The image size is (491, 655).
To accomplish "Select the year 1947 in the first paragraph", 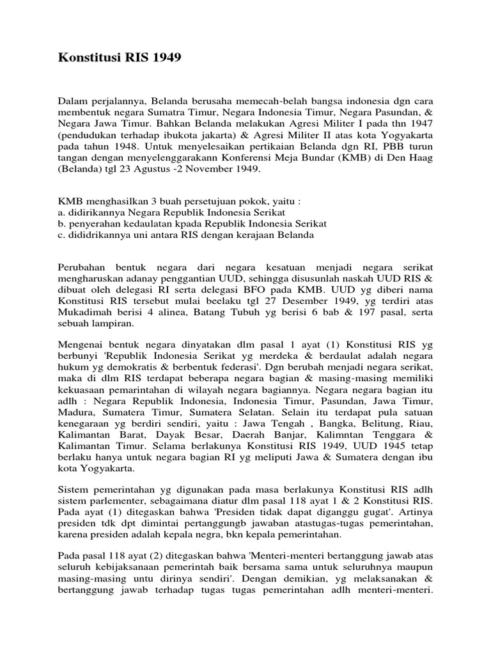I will pyautogui.click(x=419, y=132).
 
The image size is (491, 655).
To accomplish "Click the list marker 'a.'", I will pyautogui.click(x=62, y=212).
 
